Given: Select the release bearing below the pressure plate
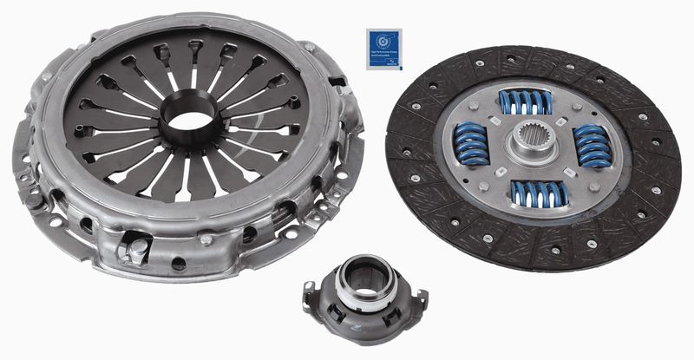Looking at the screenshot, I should (363, 294).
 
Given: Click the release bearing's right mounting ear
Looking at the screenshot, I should (420, 300).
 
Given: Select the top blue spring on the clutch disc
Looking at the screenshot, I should (526, 101).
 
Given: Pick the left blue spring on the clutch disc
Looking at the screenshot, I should (471, 143).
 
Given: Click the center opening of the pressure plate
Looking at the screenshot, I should (188, 119).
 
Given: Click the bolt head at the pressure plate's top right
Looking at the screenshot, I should (309, 46).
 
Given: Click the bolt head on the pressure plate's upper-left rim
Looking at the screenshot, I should (45, 77).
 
